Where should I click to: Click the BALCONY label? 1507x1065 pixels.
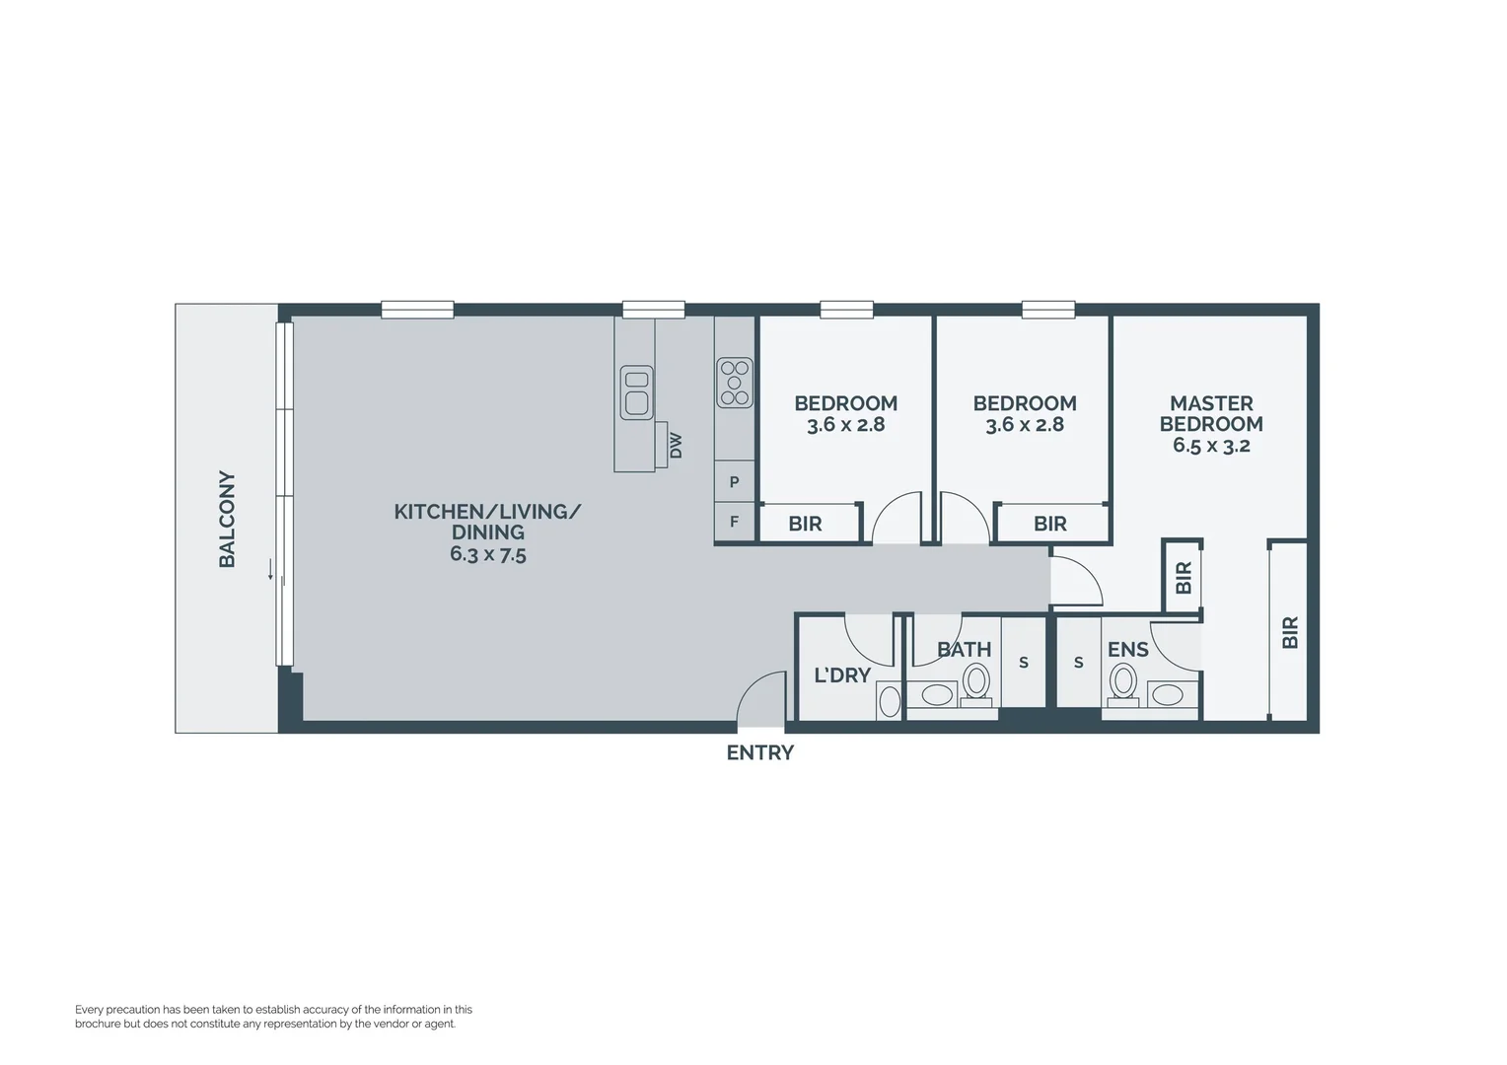pyautogui.click(x=227, y=519)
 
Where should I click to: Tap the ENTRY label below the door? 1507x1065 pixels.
pyautogui.click(x=759, y=753)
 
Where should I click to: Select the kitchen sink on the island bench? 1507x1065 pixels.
pyautogui.click(x=636, y=391)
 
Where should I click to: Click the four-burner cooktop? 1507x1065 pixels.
pyautogui.click(x=735, y=383)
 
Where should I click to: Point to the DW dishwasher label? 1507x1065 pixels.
pyautogui.click(x=676, y=446)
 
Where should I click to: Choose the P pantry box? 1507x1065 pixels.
pyautogui.click(x=734, y=482)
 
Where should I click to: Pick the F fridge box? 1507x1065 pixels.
pyautogui.click(x=734, y=522)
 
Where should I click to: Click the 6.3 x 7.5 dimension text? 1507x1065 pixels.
pyautogui.click(x=487, y=554)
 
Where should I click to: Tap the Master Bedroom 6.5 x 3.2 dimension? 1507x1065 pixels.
pyautogui.click(x=1211, y=446)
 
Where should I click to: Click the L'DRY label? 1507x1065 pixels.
pyautogui.click(x=841, y=675)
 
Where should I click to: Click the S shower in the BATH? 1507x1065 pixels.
pyautogui.click(x=1024, y=663)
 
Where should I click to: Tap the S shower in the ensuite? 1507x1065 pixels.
pyautogui.click(x=1078, y=663)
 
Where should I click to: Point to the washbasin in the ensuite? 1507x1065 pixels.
pyautogui.click(x=1168, y=694)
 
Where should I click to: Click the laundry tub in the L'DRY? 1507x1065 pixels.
pyautogui.click(x=889, y=701)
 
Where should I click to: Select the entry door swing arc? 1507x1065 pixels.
pyautogui.click(x=759, y=696)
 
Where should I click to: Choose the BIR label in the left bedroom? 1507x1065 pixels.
pyautogui.click(x=805, y=525)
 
